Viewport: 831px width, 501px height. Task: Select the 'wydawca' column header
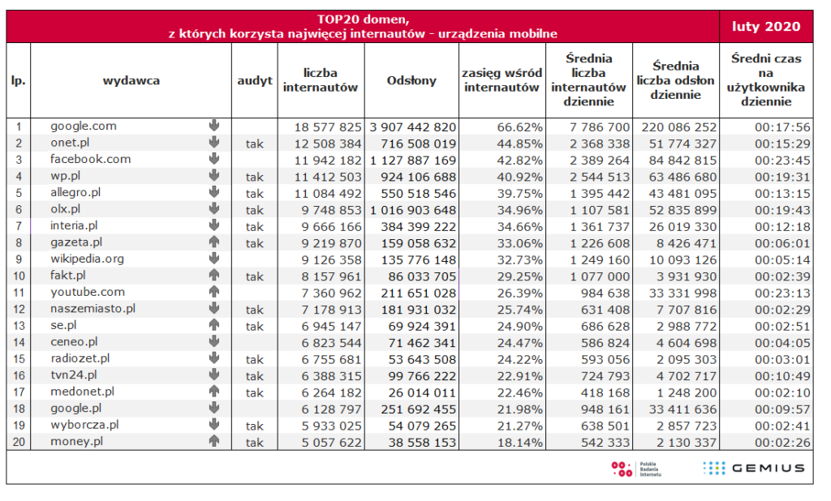tap(131, 80)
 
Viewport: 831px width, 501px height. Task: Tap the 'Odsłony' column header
tap(411, 80)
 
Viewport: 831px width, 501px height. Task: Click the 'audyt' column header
tap(255, 80)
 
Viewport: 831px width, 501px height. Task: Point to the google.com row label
tap(84, 126)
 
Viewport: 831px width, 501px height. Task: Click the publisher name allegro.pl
tap(75, 193)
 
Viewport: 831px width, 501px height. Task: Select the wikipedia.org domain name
tap(87, 259)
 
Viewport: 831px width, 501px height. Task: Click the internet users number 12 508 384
tap(323, 143)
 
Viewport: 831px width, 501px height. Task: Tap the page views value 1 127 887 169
tap(411, 160)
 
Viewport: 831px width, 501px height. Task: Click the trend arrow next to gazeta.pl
tap(214, 242)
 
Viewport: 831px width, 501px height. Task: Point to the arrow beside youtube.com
tap(214, 292)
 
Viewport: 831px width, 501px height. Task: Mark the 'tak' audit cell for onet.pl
tap(255, 143)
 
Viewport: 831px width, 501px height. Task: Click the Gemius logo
tap(754, 468)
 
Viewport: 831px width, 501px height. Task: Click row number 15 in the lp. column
tap(18, 359)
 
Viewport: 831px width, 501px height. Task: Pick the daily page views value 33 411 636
tap(678, 409)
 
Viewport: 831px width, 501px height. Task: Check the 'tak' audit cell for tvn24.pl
tap(255, 376)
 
